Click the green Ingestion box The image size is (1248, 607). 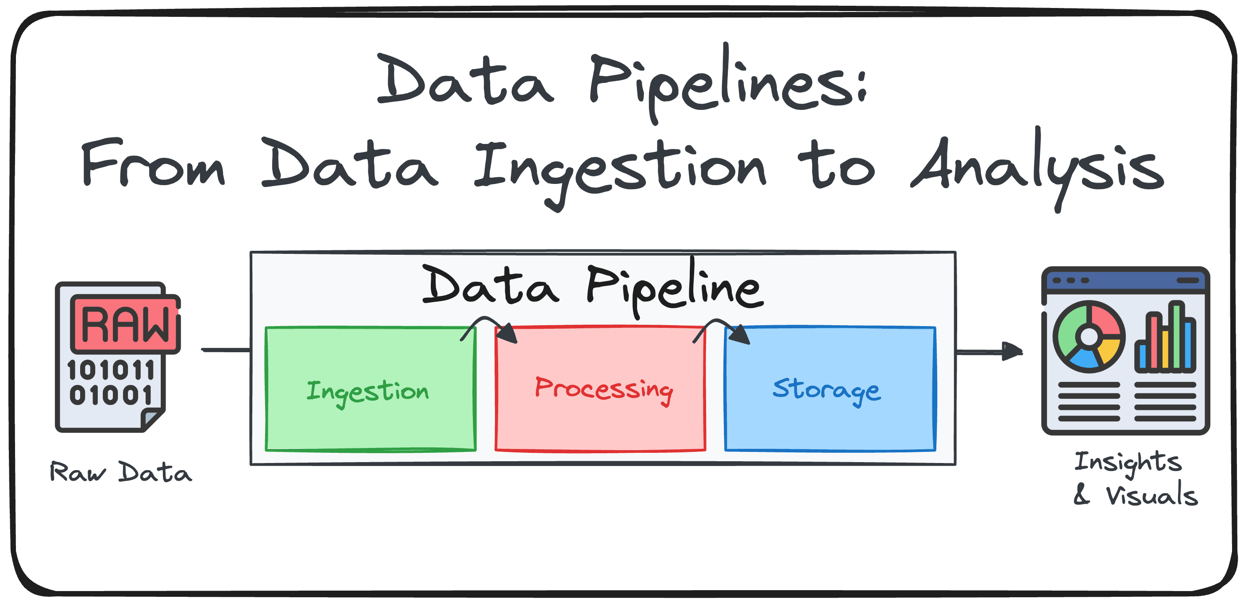(371, 389)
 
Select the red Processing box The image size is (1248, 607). (600, 389)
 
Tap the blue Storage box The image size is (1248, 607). (830, 389)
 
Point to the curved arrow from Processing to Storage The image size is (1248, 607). (717, 321)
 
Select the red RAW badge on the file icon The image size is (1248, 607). (125, 323)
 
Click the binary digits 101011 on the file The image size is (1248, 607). (111, 370)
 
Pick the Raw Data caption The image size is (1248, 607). (121, 472)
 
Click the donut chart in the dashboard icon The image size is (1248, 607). (1090, 336)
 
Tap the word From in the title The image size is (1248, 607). (153, 163)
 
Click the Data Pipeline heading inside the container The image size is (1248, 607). (593, 287)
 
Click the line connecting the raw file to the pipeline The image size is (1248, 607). (226, 350)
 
